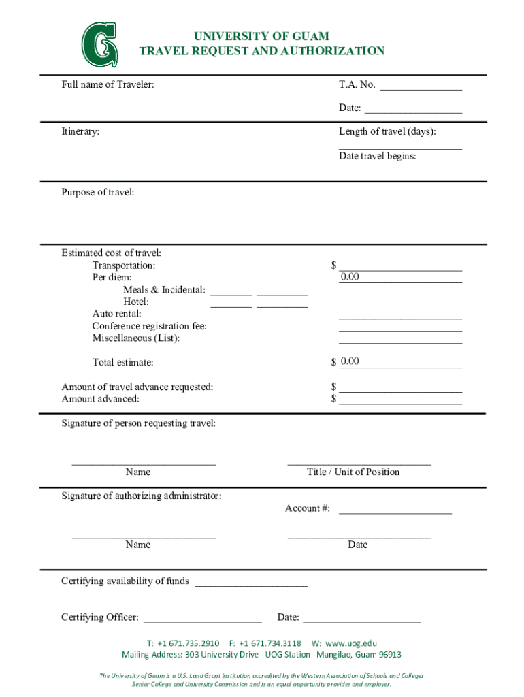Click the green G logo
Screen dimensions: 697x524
(x=99, y=45)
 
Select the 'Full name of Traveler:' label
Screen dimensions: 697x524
(x=108, y=85)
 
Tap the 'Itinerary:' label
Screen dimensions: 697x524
(x=80, y=131)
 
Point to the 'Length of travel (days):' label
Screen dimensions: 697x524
(x=387, y=131)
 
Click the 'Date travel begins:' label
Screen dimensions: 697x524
(x=377, y=156)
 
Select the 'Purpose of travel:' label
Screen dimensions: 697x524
(x=97, y=193)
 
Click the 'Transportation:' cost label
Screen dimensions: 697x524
(x=123, y=265)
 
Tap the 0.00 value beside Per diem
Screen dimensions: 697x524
(x=350, y=277)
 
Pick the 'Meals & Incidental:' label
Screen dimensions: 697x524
(x=164, y=290)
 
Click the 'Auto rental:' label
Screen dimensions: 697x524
(x=117, y=314)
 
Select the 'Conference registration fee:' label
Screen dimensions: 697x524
(x=149, y=326)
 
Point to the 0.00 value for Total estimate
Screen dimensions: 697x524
(x=350, y=361)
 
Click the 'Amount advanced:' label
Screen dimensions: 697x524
(x=100, y=399)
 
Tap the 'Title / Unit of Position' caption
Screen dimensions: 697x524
(x=353, y=472)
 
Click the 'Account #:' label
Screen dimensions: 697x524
(x=307, y=508)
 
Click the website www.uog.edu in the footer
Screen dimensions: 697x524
(x=350, y=643)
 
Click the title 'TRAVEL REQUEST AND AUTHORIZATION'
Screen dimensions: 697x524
(x=261, y=51)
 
